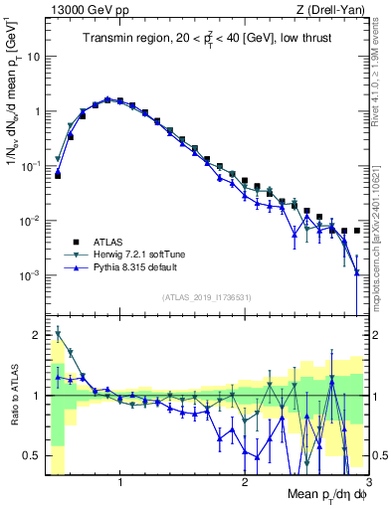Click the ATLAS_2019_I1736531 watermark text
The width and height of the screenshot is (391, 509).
point(206,296)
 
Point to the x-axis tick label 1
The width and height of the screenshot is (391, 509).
point(120,483)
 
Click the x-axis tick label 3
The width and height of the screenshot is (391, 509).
point(367,483)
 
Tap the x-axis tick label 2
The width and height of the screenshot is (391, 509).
point(245,483)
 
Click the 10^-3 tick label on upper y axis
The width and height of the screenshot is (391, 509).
point(30,274)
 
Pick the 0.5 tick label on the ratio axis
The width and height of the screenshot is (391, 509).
point(30,455)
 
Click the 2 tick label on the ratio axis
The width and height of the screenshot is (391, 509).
point(36,334)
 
